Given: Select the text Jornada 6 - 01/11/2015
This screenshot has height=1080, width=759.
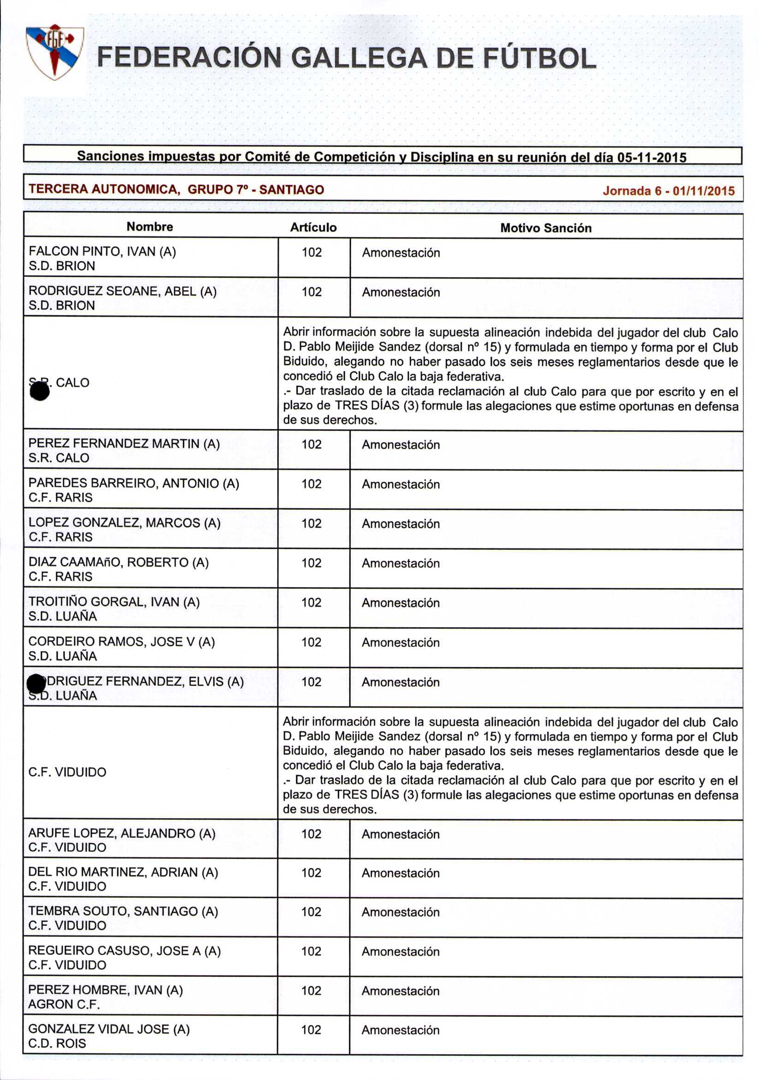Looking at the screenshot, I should click(668, 190).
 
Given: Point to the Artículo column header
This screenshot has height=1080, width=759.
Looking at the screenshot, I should click(313, 228).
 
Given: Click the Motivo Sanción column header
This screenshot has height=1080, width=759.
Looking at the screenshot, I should click(546, 228).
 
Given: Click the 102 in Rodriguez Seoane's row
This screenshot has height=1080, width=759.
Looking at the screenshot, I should click(311, 292).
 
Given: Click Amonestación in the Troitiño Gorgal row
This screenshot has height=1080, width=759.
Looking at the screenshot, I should click(401, 603).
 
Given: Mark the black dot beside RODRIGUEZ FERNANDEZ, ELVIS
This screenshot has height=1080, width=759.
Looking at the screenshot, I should click(36, 683).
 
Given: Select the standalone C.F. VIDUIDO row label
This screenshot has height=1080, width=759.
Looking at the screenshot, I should click(67, 772).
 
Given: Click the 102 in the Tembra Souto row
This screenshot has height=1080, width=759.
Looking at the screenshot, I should click(311, 912).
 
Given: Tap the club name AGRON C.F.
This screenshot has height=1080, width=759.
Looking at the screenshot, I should click(64, 1004).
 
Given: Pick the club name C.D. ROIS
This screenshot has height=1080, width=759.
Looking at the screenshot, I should click(57, 1043).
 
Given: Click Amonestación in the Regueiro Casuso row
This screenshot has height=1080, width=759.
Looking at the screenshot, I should click(401, 952).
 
